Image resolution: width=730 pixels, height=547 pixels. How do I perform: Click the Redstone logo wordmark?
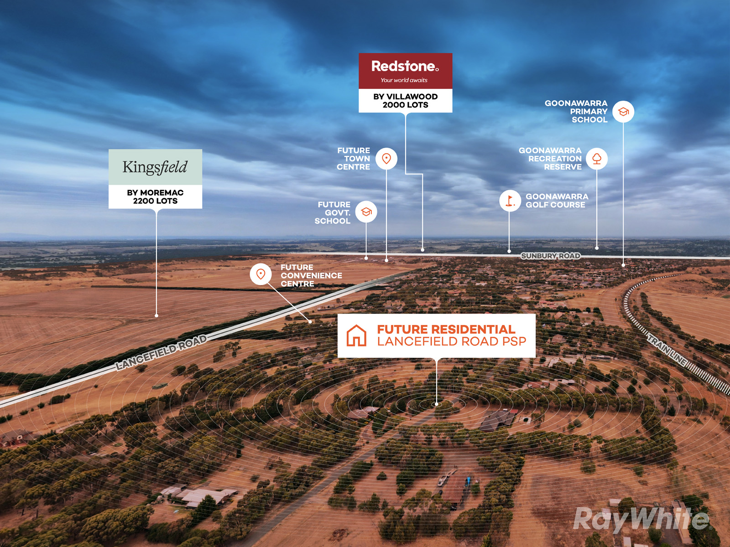click(405, 66)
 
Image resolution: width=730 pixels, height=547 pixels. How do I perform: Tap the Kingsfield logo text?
click(155, 167)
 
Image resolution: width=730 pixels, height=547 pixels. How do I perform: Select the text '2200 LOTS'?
click(155, 201)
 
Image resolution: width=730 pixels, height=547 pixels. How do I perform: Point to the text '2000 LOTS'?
click(406, 105)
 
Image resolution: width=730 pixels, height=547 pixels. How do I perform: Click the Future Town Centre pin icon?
click(386, 159)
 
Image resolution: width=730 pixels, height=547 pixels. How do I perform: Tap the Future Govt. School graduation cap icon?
click(366, 212)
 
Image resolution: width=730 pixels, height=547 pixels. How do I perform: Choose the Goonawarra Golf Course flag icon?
click(510, 201)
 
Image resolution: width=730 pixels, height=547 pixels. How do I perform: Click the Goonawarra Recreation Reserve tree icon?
click(597, 159)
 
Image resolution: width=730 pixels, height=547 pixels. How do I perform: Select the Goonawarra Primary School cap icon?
click(623, 112)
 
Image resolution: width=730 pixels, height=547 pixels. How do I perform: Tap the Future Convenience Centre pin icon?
click(261, 274)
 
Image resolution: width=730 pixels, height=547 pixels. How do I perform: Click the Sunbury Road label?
click(551, 256)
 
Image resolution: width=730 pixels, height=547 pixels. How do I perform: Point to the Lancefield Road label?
click(162, 352)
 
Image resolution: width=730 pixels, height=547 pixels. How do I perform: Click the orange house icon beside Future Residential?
click(356, 335)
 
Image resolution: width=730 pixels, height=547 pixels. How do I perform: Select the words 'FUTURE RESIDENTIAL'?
click(446, 330)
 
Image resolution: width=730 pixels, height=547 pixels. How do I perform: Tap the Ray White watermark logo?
click(642, 520)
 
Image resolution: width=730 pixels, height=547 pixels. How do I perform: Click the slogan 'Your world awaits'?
click(404, 80)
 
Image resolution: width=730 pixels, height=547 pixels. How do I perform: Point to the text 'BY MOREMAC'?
click(155, 193)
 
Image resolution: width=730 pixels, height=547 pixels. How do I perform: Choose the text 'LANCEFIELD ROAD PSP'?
click(452, 341)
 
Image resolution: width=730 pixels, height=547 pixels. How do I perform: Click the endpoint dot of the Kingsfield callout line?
click(156, 315)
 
